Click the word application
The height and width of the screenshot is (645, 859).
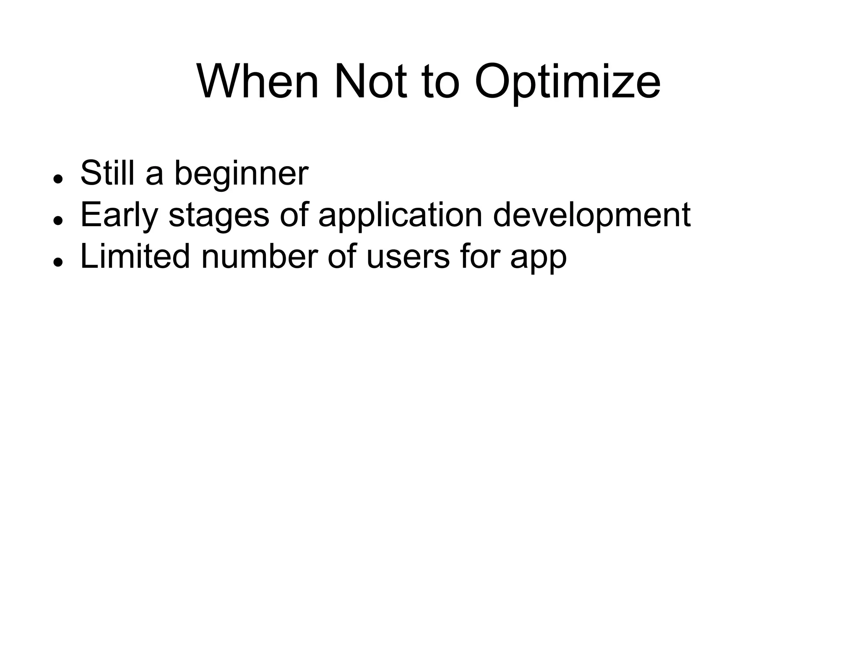coord(400,215)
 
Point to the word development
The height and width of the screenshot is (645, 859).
coord(591,215)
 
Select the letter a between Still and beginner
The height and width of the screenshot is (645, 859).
coord(154,174)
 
